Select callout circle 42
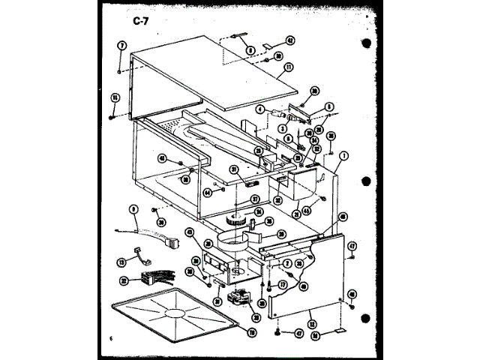[290, 40]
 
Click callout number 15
[115, 97]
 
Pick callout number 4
[259, 109]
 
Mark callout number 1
[343, 157]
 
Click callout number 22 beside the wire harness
[124, 280]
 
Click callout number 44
[207, 193]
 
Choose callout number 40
[161, 157]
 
